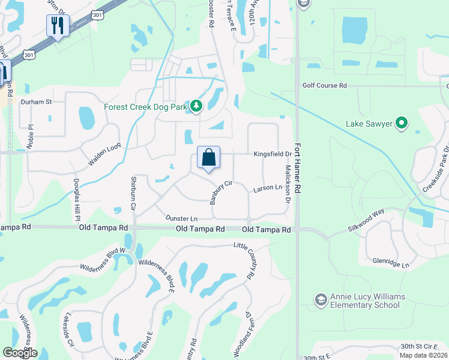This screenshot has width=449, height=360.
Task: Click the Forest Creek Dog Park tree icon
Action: pos(196,107)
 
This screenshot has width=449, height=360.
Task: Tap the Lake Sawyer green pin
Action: pos(402,124)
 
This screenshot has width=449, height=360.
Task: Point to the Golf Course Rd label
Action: pos(325,86)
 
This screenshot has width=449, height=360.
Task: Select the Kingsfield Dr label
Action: pos(271,154)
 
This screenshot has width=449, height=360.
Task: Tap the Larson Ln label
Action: pos(267,188)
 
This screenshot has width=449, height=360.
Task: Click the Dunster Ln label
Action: pos(181,219)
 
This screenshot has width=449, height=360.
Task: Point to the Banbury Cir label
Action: pos(220,192)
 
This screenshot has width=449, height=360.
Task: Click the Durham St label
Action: pos(37,102)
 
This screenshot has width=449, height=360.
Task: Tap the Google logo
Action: pos(20,353)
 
